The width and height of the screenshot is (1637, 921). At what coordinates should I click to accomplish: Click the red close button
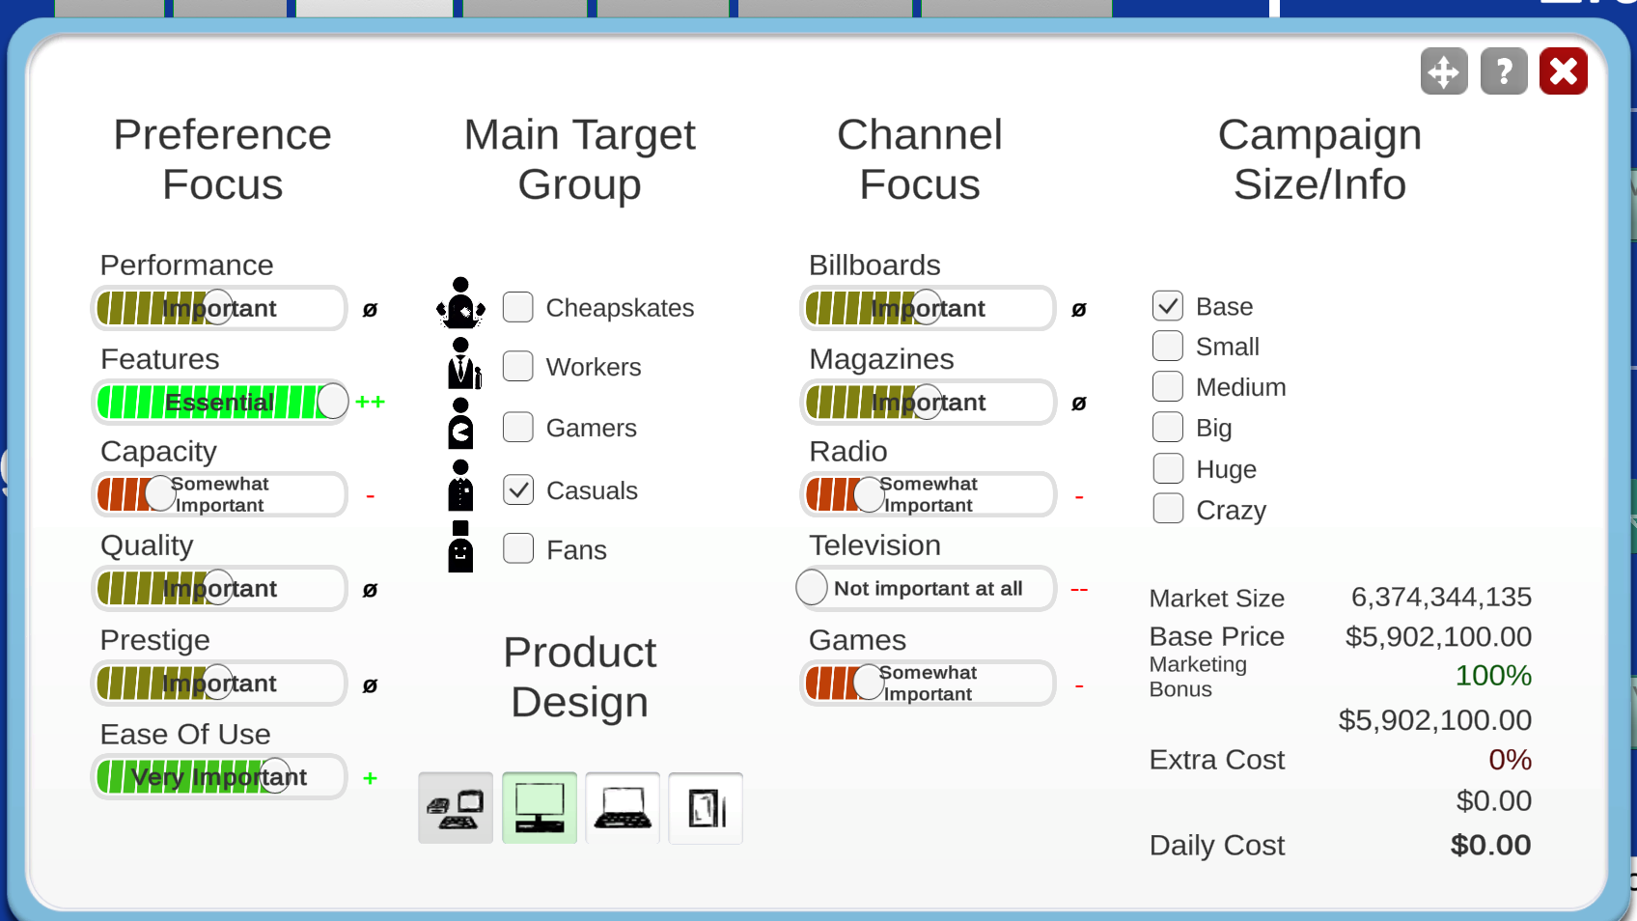pyautogui.click(x=1564, y=70)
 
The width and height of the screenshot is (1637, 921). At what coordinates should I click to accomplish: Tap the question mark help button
pyautogui.click(x=1504, y=70)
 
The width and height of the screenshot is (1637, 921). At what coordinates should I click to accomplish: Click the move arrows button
pyautogui.click(x=1444, y=70)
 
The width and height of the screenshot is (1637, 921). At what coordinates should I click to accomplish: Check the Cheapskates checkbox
pyautogui.click(x=518, y=307)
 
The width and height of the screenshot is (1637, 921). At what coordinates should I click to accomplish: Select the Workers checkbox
pyautogui.click(x=518, y=366)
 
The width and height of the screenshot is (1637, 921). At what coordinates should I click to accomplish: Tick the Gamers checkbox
pyautogui.click(x=518, y=427)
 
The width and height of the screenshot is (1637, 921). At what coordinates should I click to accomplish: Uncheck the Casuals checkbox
pyautogui.click(x=518, y=489)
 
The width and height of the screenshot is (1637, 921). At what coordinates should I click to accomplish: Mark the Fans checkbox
pyautogui.click(x=518, y=548)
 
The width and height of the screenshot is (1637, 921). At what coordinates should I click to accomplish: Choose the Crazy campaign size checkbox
pyautogui.click(x=1168, y=509)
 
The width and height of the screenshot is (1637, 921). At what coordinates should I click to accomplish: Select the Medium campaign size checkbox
pyautogui.click(x=1168, y=386)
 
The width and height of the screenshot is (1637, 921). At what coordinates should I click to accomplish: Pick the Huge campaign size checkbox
pyautogui.click(x=1168, y=468)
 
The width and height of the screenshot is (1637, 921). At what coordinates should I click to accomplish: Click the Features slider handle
pyautogui.click(x=332, y=401)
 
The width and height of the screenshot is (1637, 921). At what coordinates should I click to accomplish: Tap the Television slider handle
pyautogui.click(x=811, y=587)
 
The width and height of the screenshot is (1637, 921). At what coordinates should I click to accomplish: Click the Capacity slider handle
pyautogui.click(x=160, y=494)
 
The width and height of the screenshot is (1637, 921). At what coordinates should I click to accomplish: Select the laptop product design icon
pyautogui.click(x=623, y=808)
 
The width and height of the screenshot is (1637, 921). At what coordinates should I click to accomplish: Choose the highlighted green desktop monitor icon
pyautogui.click(x=540, y=808)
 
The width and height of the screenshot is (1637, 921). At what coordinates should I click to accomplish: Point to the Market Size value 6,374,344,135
pyautogui.click(x=1441, y=597)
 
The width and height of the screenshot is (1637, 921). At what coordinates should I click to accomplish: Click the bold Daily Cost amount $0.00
pyautogui.click(x=1491, y=844)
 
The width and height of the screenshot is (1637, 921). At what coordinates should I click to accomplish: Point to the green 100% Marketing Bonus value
pyautogui.click(x=1493, y=676)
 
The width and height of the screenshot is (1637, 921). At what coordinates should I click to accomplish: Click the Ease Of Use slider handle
pyautogui.click(x=275, y=776)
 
